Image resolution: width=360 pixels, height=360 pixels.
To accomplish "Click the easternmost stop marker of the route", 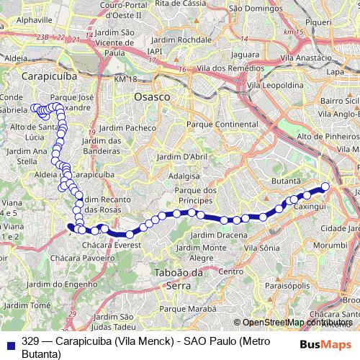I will tap(325, 187).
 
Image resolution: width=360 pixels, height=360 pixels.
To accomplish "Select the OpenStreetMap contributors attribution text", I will tap(300, 322).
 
